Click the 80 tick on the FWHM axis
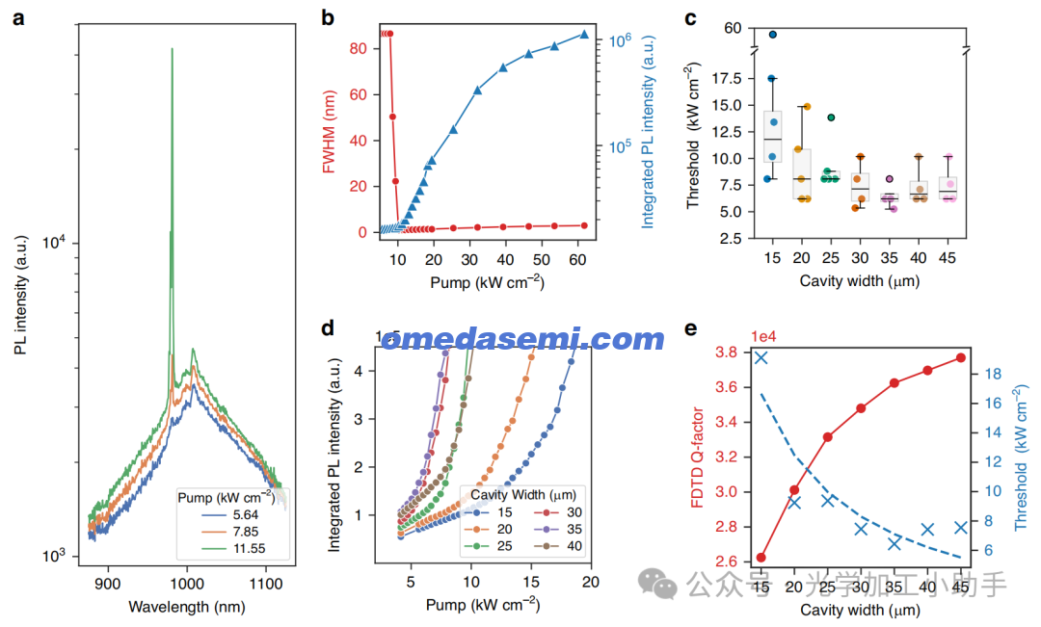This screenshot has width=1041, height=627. (360, 48)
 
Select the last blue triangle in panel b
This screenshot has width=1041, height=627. (583, 35)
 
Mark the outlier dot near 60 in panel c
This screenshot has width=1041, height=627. (772, 35)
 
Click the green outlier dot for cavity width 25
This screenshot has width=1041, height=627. (830, 118)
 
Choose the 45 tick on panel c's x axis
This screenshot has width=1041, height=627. (948, 257)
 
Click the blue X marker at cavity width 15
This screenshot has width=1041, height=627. (761, 357)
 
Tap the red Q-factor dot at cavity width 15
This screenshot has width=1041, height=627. (761, 558)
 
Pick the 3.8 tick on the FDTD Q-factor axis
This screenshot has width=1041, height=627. (726, 353)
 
